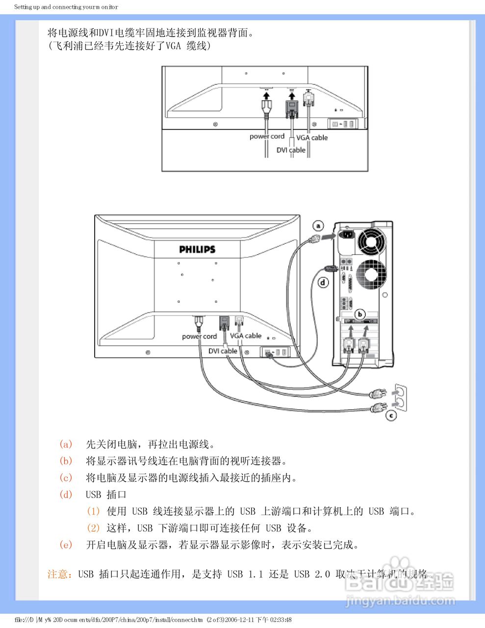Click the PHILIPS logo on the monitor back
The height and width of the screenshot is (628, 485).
point(197,249)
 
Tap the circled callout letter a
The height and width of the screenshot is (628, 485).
point(319,226)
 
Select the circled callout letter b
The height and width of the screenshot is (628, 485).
point(360,314)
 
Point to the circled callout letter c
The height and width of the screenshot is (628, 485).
point(391,416)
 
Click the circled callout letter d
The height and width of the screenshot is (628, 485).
point(323,282)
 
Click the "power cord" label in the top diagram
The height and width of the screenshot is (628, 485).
point(267,136)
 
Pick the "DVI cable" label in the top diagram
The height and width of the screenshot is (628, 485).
point(291,150)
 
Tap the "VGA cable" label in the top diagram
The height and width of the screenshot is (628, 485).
point(312,137)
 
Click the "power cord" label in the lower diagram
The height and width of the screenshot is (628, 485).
point(199,337)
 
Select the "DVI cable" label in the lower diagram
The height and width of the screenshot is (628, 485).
point(223,351)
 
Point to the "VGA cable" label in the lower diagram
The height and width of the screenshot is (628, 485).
point(246,336)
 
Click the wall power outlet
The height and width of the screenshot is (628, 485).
point(400,396)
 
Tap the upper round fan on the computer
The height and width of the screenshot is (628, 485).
point(372,240)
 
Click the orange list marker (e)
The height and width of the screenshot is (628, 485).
point(66,545)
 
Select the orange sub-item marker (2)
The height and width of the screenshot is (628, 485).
point(93,528)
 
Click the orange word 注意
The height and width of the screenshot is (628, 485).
point(58,574)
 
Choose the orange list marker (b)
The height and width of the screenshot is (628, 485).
point(66,461)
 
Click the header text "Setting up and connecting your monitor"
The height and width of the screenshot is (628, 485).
point(66,7)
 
